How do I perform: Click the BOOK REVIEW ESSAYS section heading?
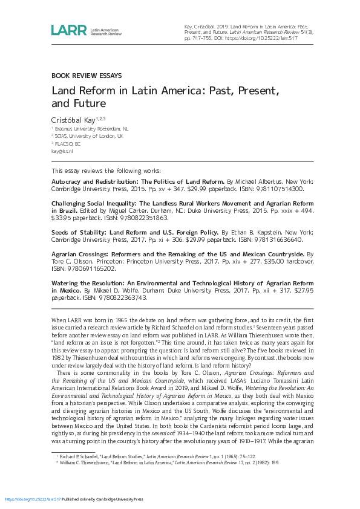87,76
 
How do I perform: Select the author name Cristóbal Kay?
73,120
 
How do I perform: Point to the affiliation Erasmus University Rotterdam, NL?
91,129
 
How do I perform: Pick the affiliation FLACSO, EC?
67,144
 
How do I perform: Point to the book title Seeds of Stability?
78,232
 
